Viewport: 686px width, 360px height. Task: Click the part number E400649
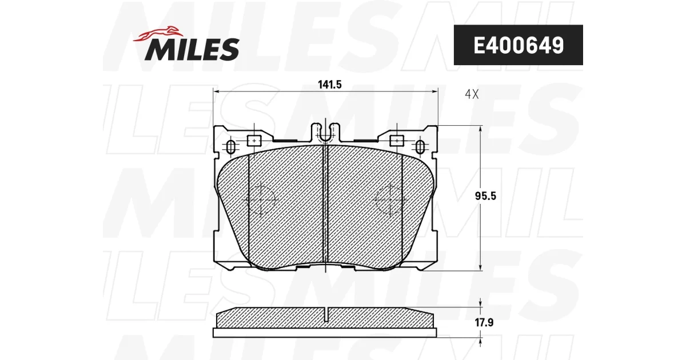point(519,45)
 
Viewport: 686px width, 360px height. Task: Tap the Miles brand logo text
point(192,49)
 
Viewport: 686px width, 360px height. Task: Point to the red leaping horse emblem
point(158,34)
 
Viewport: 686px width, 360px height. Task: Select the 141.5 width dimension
point(329,85)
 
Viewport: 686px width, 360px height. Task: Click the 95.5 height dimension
point(485,196)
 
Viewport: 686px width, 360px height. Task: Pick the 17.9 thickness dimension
point(484,322)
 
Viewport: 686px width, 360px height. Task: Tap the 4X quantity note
point(472,94)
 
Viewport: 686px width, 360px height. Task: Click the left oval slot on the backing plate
point(231,147)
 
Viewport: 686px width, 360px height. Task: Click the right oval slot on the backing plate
point(420,147)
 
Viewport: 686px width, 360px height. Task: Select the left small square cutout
point(254,141)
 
